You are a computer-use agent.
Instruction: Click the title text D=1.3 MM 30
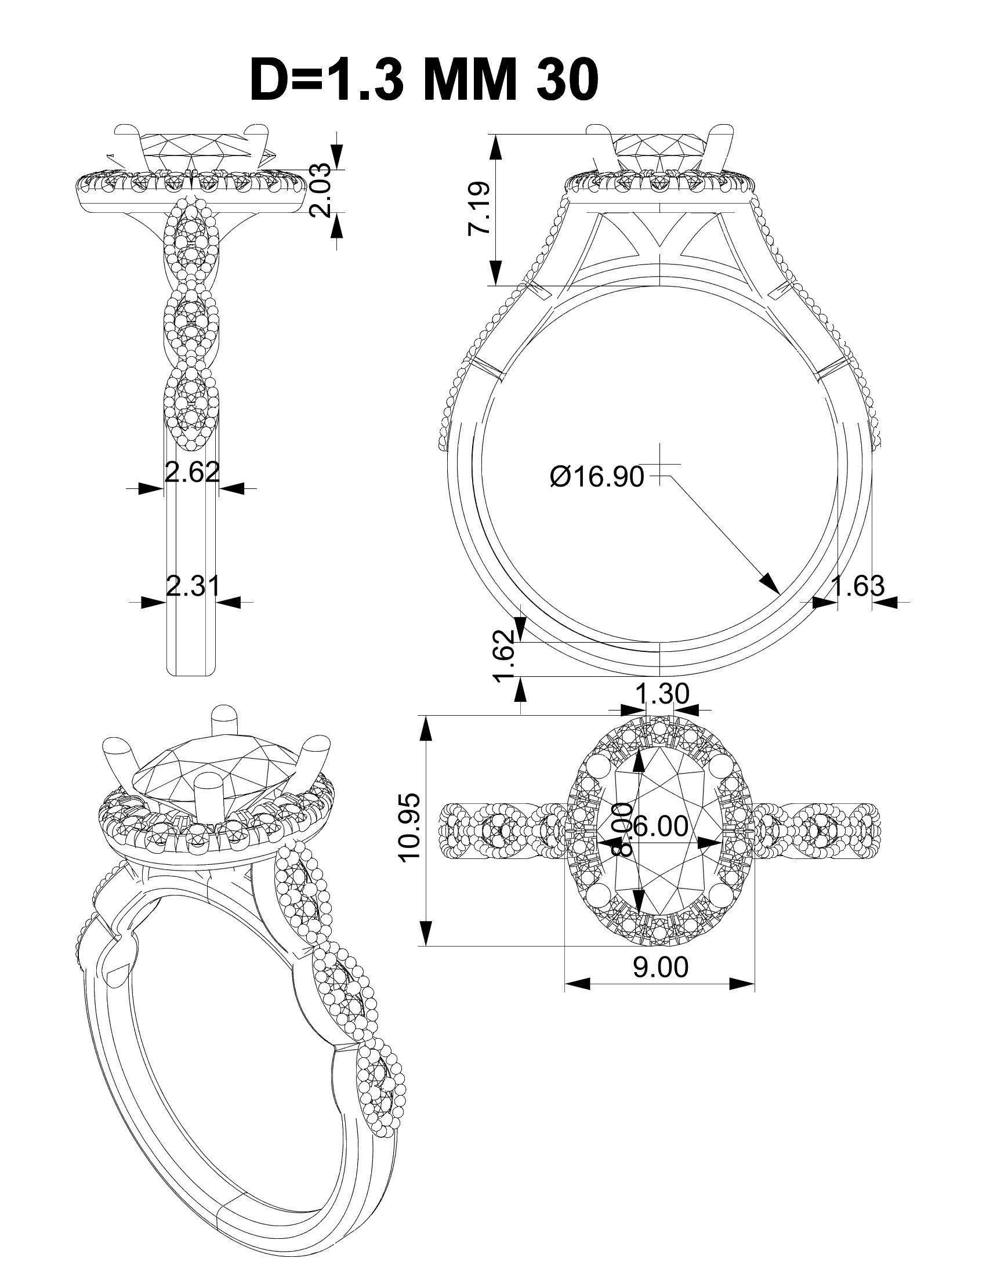(423, 80)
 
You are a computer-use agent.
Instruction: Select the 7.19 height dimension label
(477, 209)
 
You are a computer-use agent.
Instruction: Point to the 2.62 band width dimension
(192, 472)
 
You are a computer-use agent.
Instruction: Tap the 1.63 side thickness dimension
(857, 586)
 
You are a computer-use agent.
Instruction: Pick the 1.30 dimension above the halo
(661, 694)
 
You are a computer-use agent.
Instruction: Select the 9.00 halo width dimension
(661, 967)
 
